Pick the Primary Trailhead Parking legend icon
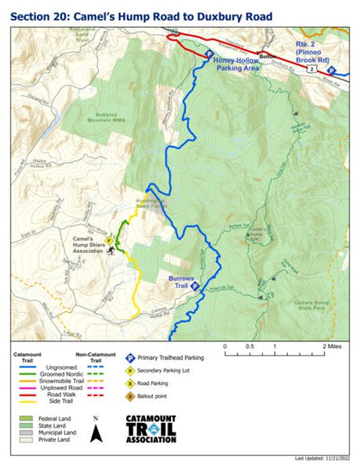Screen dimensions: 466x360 pyautogui.click(x=130, y=357)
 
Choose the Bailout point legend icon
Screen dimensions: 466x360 pyautogui.click(x=130, y=394)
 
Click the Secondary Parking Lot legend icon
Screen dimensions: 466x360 pyautogui.click(x=130, y=370)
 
